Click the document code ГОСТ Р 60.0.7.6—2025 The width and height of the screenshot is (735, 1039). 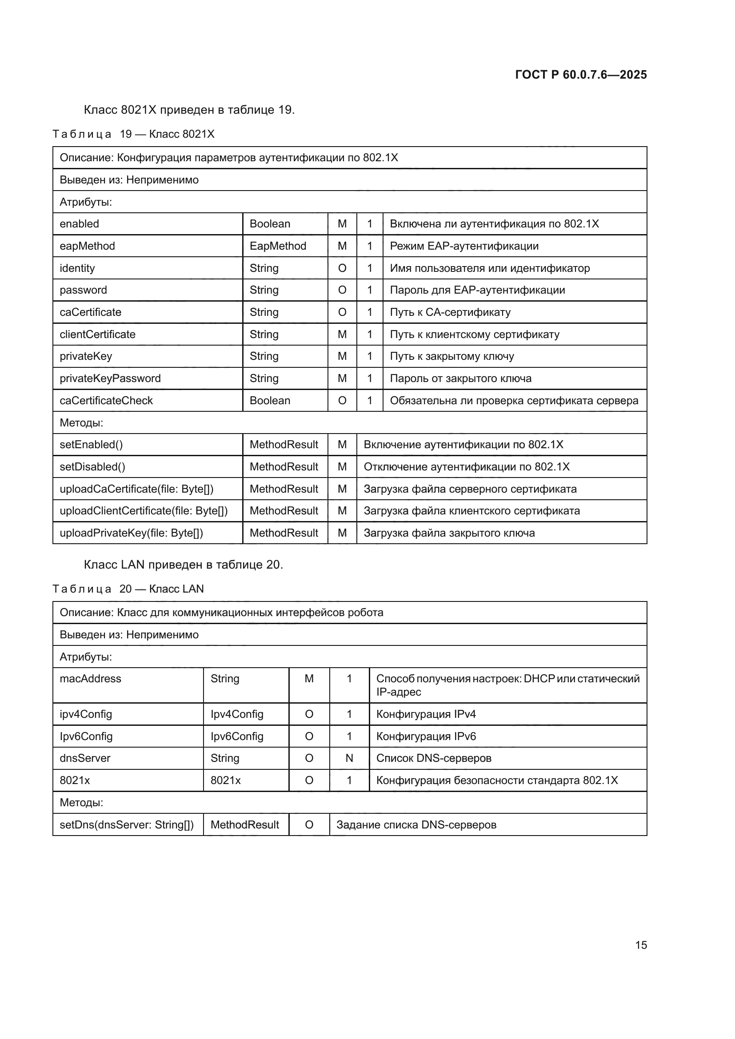(x=581, y=75)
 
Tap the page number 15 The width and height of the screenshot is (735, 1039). (x=641, y=945)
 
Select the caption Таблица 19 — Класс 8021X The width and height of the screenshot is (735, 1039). (x=133, y=134)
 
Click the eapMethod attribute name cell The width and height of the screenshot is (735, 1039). (x=88, y=246)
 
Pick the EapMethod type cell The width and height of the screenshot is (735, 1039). (x=278, y=246)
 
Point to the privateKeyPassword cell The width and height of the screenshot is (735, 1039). (x=110, y=378)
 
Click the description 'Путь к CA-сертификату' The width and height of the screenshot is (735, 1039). (x=450, y=312)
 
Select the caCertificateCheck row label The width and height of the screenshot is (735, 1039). (x=106, y=401)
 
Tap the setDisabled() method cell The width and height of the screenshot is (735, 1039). (x=92, y=466)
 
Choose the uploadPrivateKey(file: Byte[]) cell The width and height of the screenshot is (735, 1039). (x=131, y=533)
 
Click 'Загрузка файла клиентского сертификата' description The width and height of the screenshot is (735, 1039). (x=471, y=511)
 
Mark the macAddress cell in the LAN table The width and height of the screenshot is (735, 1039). (x=91, y=679)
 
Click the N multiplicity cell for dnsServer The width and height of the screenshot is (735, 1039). (x=349, y=758)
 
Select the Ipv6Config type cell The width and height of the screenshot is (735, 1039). (x=237, y=736)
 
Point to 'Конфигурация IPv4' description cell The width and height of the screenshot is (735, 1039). (x=426, y=714)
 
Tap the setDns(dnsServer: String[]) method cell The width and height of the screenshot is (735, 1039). (x=127, y=824)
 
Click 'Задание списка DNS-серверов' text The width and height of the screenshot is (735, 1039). (x=416, y=824)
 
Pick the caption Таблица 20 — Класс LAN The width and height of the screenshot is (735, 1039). (x=128, y=589)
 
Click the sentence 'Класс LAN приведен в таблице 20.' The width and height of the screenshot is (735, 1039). (x=183, y=565)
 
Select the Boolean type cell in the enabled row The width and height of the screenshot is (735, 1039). (x=270, y=224)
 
